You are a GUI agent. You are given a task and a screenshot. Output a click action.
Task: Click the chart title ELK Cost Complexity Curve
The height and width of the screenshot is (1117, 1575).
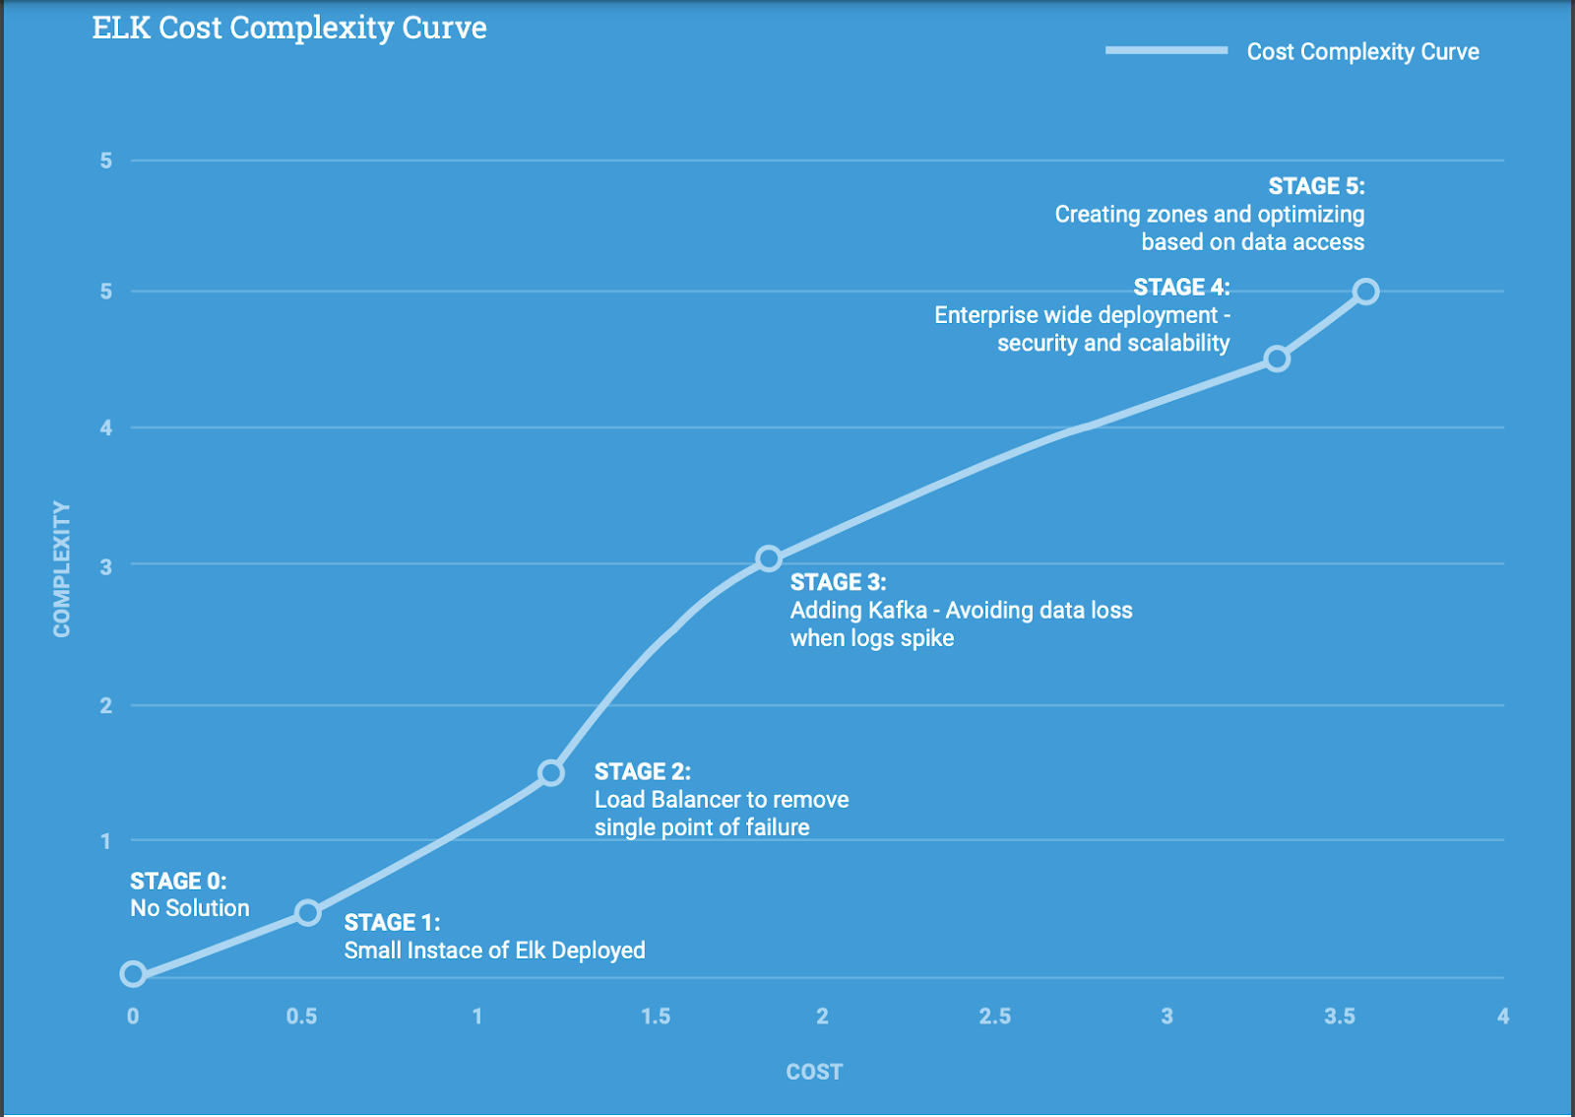(289, 28)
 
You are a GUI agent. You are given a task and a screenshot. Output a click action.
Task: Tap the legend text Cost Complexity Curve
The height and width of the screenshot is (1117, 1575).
(1362, 52)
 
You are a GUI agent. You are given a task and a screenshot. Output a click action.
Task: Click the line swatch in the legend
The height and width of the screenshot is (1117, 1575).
(1165, 50)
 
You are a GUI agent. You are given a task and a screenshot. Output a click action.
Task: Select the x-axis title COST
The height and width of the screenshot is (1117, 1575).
(814, 1072)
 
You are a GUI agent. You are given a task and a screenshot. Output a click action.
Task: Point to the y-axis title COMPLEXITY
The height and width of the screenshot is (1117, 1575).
(62, 569)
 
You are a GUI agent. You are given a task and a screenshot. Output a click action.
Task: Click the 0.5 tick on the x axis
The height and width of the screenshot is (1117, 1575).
(301, 1017)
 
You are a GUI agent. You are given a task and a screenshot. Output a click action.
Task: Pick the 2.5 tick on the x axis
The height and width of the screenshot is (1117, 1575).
(994, 1017)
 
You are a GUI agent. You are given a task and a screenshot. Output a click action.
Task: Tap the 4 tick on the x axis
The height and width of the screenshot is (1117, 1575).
(1503, 1017)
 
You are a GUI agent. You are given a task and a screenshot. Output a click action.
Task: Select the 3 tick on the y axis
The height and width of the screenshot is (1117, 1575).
(106, 567)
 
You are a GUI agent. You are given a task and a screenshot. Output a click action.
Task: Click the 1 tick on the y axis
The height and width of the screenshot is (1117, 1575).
(106, 841)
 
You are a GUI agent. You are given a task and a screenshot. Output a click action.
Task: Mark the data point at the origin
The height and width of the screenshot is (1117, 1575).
(133, 974)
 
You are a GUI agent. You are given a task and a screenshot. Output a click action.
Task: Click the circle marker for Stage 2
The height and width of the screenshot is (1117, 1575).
(551, 772)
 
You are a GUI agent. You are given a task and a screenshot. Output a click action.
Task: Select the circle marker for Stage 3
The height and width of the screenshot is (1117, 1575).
(769, 558)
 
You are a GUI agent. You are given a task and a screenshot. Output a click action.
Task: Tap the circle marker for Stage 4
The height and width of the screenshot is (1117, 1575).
(1277, 359)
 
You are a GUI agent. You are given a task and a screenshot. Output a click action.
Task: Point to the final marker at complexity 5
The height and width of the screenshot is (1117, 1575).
(1365, 292)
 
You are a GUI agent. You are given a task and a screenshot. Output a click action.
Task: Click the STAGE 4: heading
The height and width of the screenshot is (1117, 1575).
(1181, 288)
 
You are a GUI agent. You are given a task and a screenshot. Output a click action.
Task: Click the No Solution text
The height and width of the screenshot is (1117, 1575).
(190, 908)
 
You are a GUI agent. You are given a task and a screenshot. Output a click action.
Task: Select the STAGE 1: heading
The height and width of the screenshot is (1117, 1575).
(392, 923)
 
